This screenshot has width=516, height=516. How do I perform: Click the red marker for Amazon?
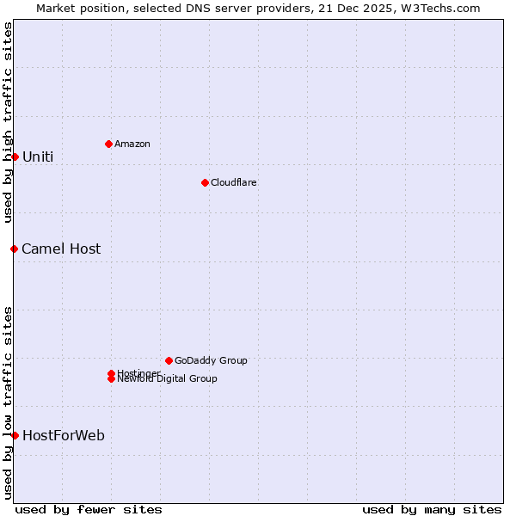pos(108,144)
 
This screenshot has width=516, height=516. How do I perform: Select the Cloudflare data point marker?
pos(205,182)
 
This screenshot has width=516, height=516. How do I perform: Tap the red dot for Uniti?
pos(15,157)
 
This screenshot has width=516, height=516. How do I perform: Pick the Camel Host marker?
pos(15,249)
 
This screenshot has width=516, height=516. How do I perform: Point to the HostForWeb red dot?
pos(15,435)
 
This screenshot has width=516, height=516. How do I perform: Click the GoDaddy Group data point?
pos(169,360)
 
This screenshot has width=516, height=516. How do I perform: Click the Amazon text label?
pos(132,144)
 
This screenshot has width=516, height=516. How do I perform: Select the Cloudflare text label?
pos(234,182)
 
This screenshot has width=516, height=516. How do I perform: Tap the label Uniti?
pos(38,157)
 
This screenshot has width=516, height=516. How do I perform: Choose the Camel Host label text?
pos(61,249)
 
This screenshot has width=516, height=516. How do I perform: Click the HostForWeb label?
pos(64,435)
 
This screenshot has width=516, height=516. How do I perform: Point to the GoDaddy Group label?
pos(211,360)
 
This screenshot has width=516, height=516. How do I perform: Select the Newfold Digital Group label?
pos(168,378)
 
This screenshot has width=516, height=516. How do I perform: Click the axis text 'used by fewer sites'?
pos(89,509)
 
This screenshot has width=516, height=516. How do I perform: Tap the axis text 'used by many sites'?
pos(432,509)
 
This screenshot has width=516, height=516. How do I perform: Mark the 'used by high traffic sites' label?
pos(8,122)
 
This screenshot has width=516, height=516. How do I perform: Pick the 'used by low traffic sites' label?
pos(8,402)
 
